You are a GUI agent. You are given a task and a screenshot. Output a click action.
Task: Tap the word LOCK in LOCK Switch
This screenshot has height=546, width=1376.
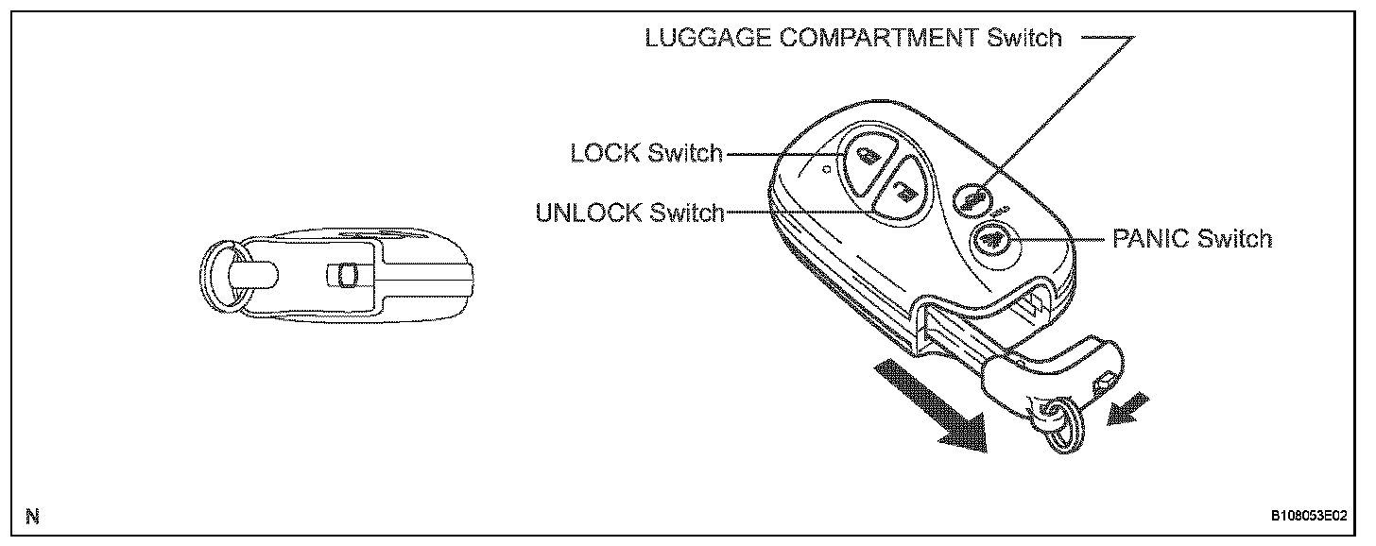pyautogui.click(x=604, y=153)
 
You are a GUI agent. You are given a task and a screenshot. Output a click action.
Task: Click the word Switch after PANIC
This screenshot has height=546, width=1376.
pyautogui.click(x=1234, y=238)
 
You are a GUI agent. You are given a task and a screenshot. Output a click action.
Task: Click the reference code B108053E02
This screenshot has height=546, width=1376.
pyautogui.click(x=1309, y=516)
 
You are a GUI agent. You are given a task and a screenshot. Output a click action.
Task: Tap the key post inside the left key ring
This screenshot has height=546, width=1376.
pyautogui.click(x=253, y=275)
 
